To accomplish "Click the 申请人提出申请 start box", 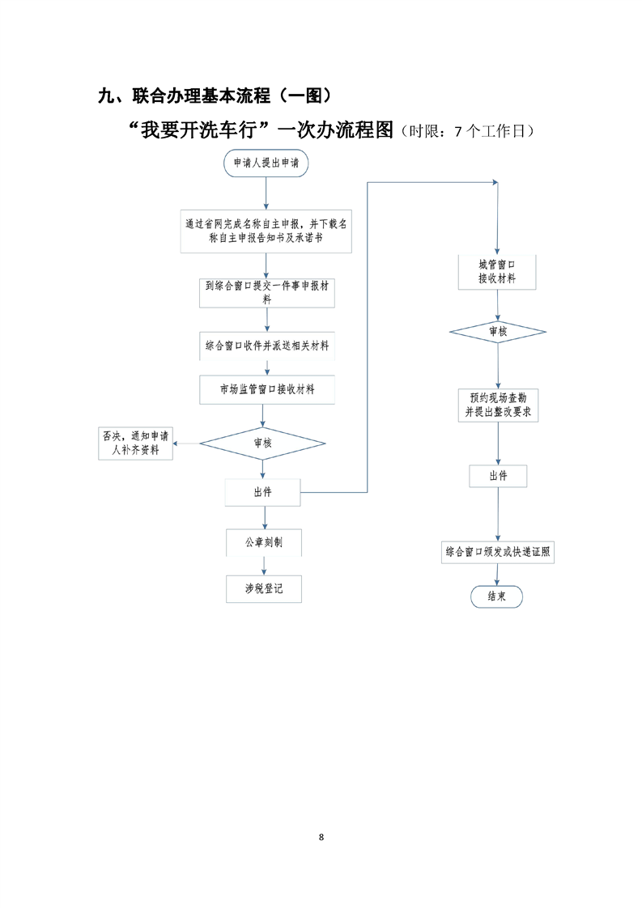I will tap(266, 162).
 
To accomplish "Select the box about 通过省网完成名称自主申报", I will tap(266, 231).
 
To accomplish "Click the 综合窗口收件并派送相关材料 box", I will tap(266, 346).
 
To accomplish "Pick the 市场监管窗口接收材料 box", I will tap(266, 389).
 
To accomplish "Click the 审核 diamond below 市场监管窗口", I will tap(262, 443).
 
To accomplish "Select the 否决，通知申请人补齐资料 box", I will tap(136, 443).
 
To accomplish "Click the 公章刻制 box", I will tap(264, 542).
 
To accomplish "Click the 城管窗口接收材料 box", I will tap(498, 272).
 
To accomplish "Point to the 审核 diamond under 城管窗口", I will tap(498, 333).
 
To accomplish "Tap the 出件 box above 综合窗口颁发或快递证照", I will tap(498, 476).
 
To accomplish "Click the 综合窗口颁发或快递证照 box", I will tap(498, 553).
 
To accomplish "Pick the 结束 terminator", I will tap(497, 596).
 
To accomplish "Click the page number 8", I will tap(321, 837).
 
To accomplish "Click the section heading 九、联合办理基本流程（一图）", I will tap(215, 96).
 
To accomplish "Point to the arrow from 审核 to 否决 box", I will tap(188, 443).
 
